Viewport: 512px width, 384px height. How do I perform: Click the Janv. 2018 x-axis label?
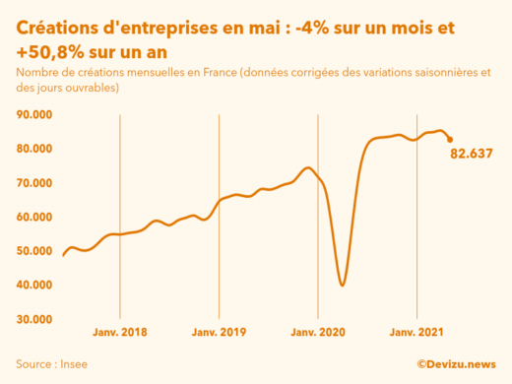pyautogui.click(x=120, y=333)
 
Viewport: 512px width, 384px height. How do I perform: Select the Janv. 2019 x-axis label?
pyautogui.click(x=219, y=333)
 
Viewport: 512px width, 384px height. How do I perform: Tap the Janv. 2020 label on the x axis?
pyautogui.click(x=318, y=333)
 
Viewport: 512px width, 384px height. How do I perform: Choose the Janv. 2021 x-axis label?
pyautogui.click(x=417, y=333)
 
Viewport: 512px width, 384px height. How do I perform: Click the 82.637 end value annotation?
pyautogui.click(x=471, y=154)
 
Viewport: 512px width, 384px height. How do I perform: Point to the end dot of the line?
pyautogui.click(x=450, y=140)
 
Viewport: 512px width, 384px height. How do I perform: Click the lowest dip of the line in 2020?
pyautogui.click(x=342, y=286)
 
